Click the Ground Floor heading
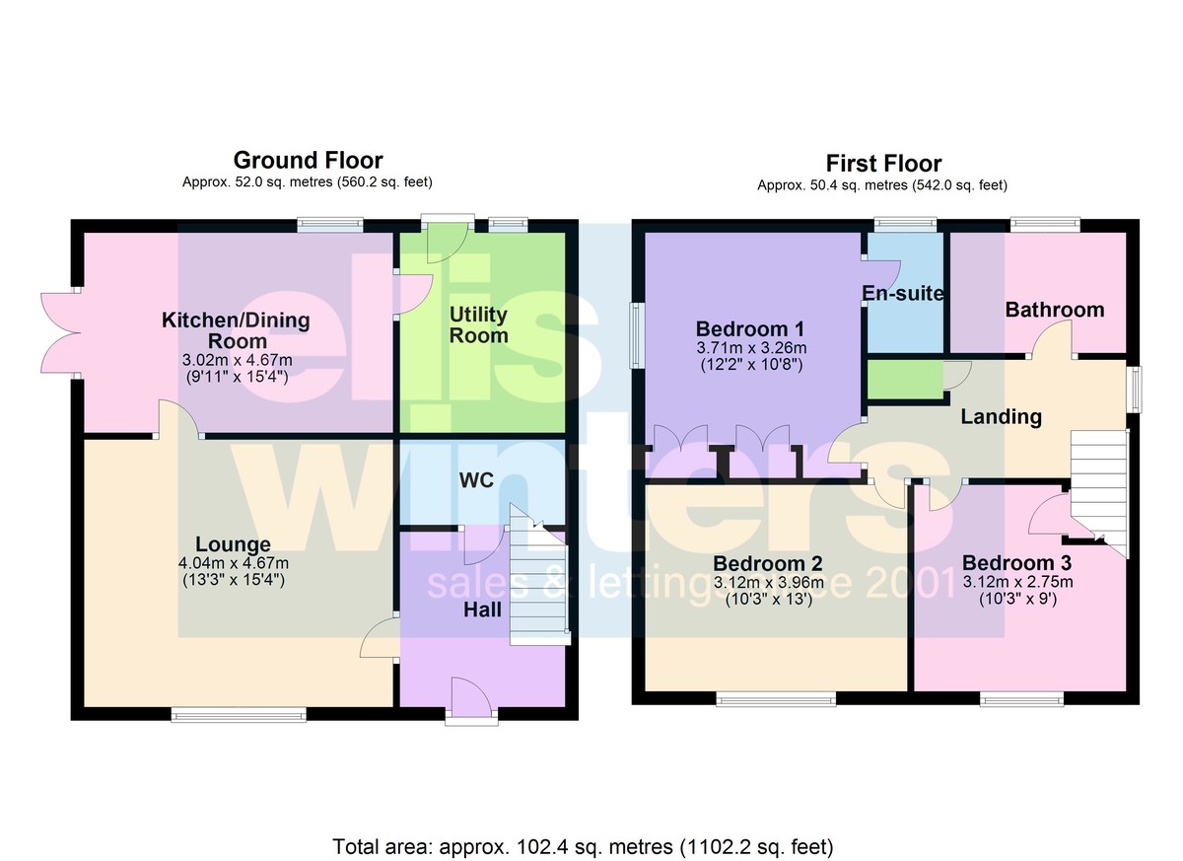308,160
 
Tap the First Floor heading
883,164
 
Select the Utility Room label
478,324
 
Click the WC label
476,480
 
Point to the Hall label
482,610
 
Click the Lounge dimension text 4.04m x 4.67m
234,563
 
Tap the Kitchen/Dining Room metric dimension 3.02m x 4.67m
238,360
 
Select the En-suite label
903,293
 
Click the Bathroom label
1055,310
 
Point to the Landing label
1001,417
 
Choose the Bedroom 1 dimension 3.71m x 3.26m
751,348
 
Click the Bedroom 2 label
767,563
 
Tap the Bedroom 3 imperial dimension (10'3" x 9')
1017,599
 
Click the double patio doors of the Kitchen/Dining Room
61,333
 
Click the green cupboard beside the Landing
905,380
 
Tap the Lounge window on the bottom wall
239,715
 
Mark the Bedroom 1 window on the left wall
637,335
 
